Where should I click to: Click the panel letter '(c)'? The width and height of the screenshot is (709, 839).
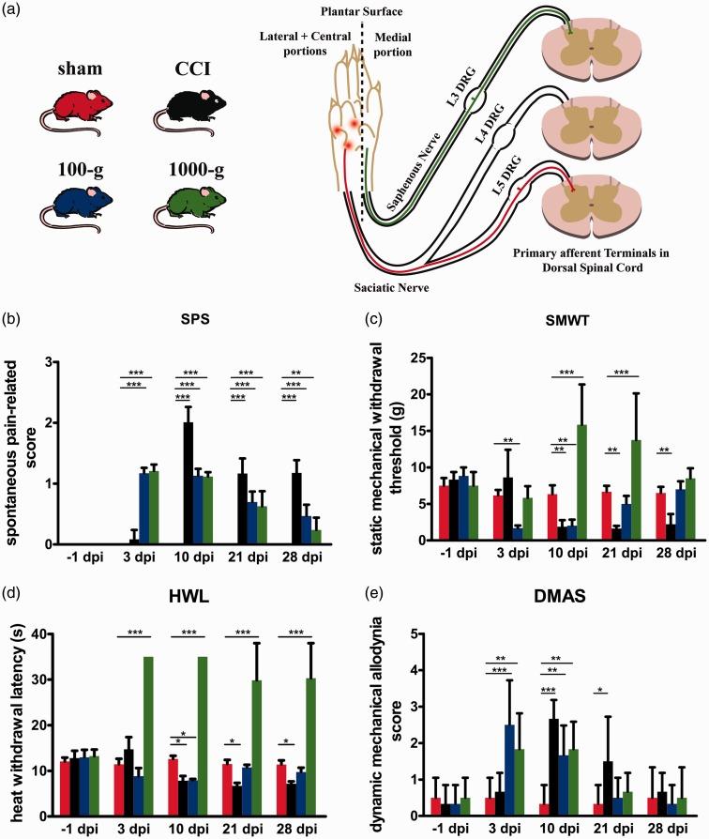tap(370, 316)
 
